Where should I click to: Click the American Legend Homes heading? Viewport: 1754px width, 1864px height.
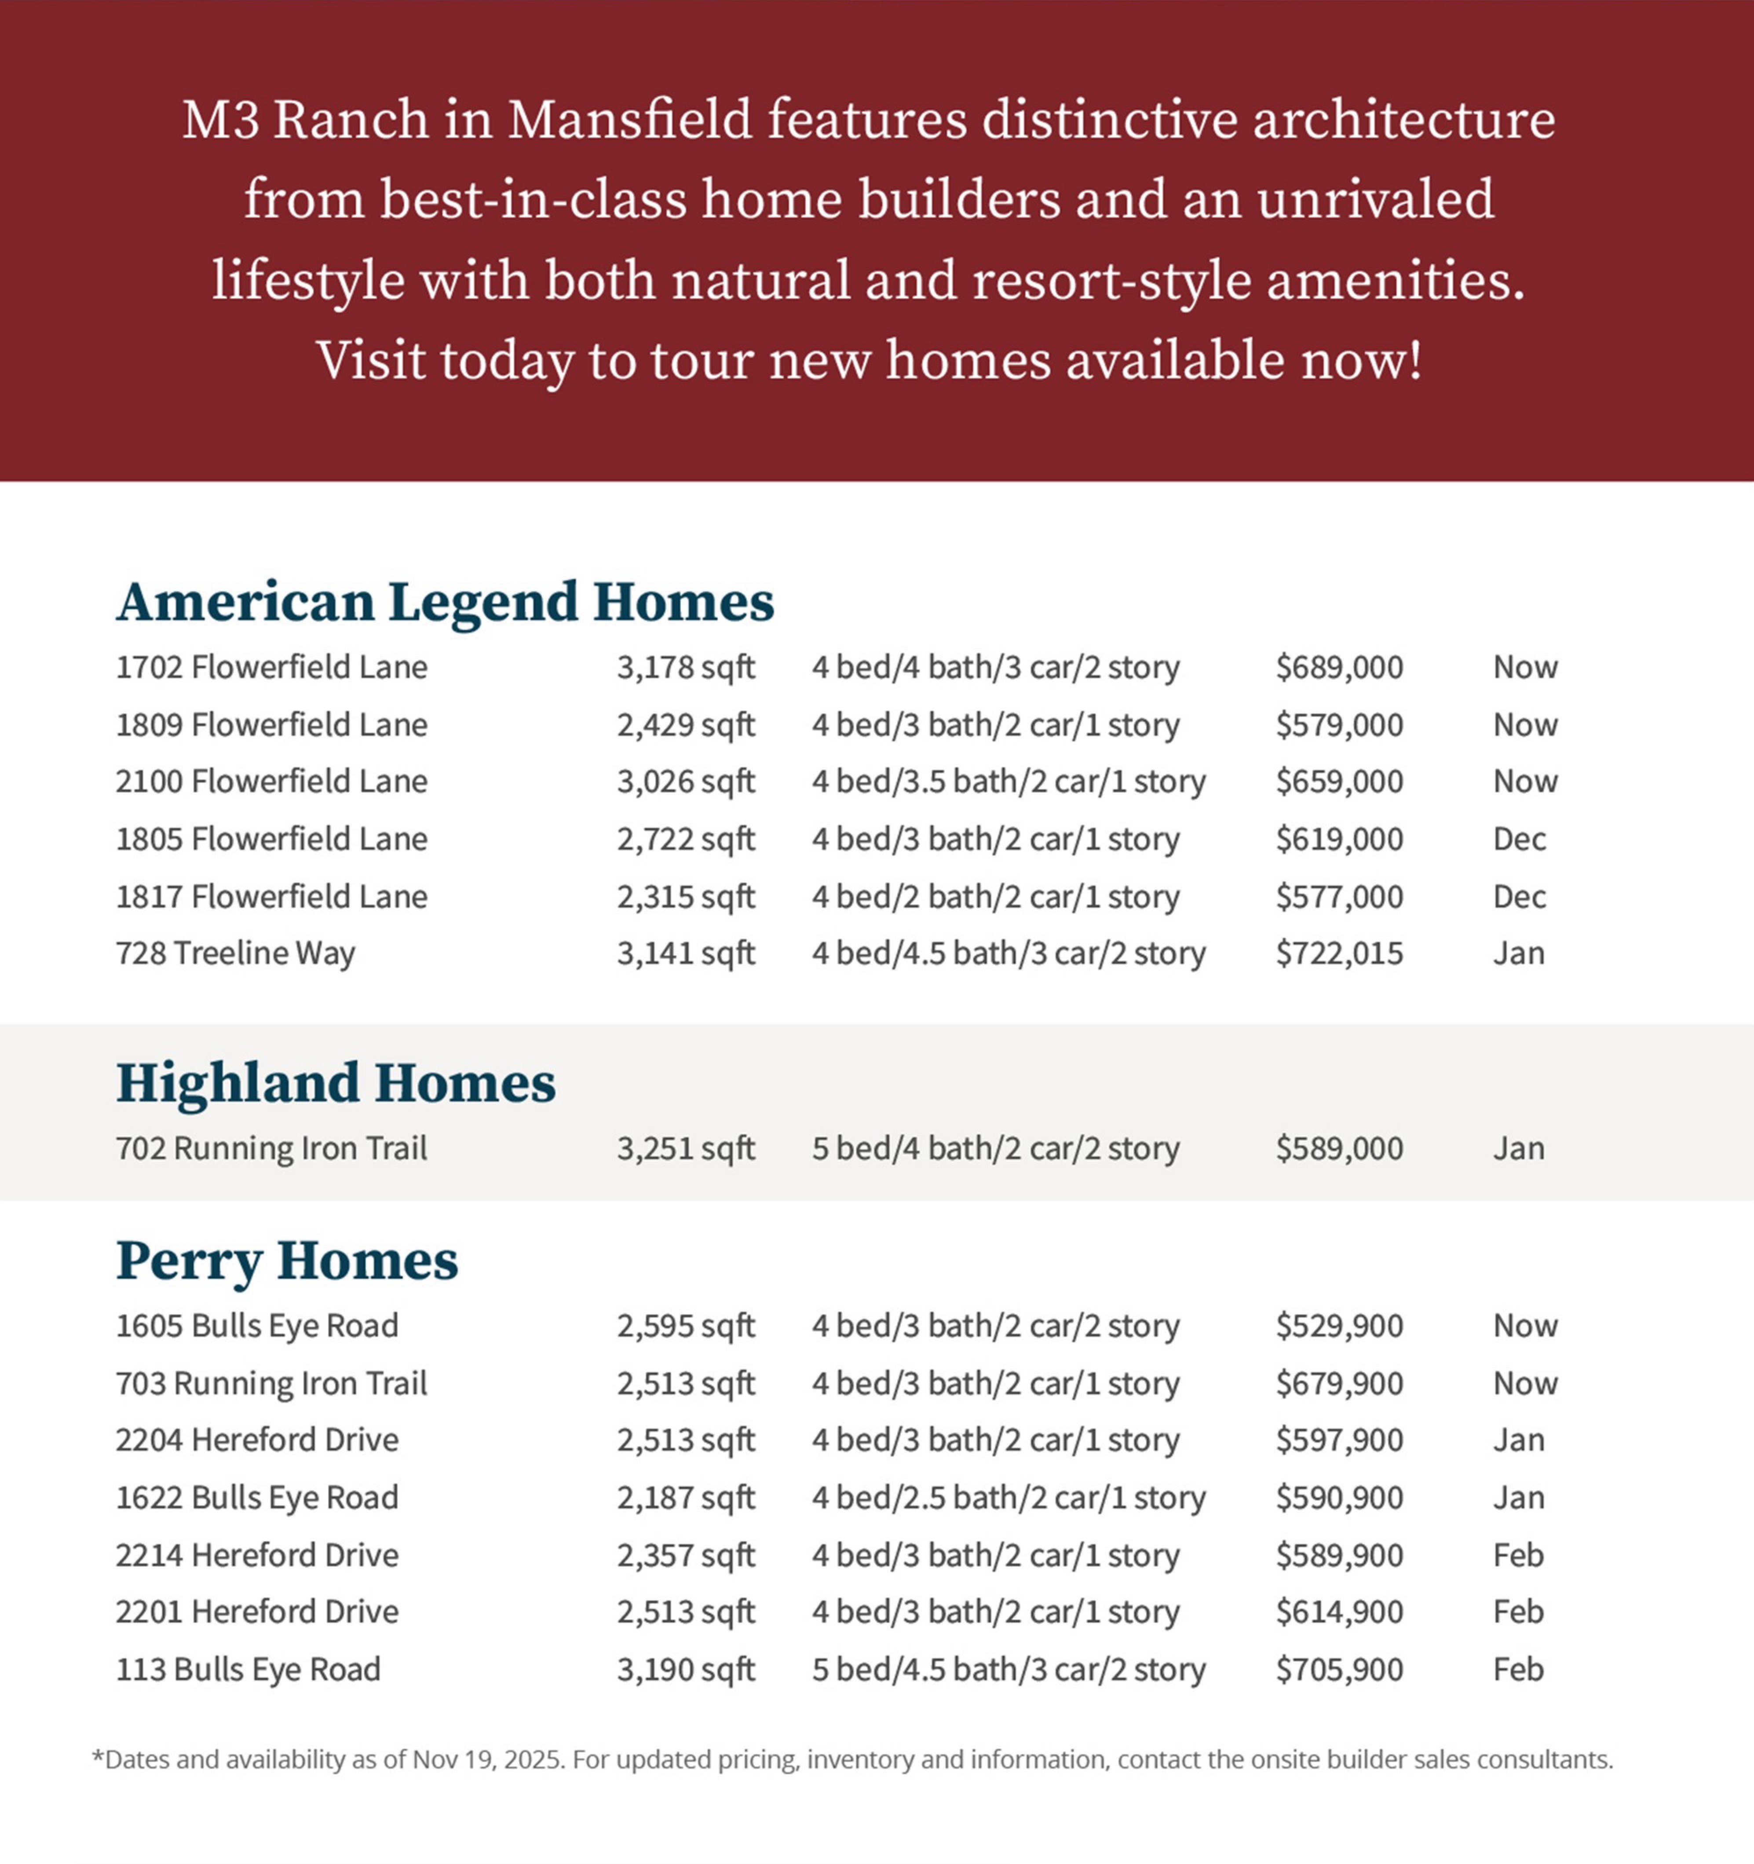click(445, 602)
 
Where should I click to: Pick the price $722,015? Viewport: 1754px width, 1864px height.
click(1339, 954)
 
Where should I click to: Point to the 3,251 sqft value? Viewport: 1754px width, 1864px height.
click(685, 1148)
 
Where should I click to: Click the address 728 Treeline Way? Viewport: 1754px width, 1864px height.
click(235, 954)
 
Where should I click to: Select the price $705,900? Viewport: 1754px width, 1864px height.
click(1339, 1670)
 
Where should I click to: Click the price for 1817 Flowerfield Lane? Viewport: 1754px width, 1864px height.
click(1339, 896)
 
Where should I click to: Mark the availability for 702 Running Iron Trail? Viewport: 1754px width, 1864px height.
click(1518, 1148)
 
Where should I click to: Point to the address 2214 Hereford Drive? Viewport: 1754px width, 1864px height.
click(257, 1556)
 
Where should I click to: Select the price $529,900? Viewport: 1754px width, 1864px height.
click(1339, 1326)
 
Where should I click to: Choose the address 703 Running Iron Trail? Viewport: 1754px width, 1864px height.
click(271, 1384)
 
